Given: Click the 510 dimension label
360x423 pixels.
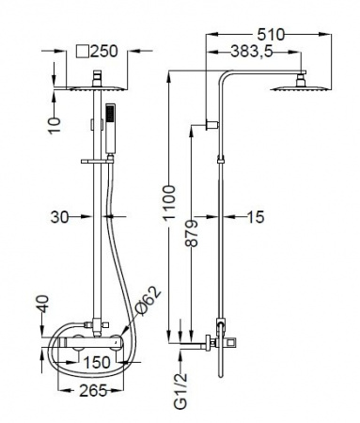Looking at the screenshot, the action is (271, 35).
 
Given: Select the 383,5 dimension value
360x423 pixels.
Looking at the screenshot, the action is (252, 52).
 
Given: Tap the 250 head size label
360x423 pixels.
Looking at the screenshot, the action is (104, 51).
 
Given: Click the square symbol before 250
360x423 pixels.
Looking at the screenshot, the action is (83, 51).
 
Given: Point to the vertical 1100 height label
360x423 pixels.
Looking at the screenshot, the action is (169, 202).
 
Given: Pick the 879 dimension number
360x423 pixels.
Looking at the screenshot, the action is (192, 234).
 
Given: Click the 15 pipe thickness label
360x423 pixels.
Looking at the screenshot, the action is (256, 216).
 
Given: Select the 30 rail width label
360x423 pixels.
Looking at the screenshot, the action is (59, 216).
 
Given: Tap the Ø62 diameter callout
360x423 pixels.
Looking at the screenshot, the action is (148, 301).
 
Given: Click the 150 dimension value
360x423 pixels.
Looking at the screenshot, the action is (97, 363).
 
